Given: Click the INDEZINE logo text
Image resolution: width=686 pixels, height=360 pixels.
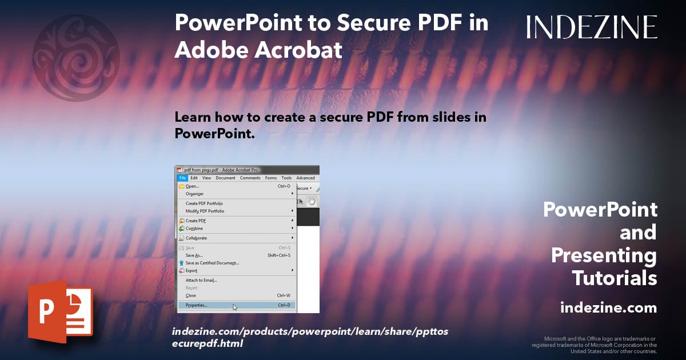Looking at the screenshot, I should (x=592, y=27).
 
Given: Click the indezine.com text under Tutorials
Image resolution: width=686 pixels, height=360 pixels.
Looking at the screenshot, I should (x=608, y=308).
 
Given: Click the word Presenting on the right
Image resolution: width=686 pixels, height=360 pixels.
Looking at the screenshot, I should (x=604, y=255).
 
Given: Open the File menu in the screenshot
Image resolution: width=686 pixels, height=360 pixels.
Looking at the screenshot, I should (x=182, y=178).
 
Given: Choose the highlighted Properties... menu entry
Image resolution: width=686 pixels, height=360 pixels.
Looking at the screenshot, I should (x=197, y=305).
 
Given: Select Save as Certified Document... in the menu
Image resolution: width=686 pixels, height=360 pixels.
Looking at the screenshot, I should (x=212, y=263).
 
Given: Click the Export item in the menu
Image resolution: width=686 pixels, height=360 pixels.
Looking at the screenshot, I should (x=192, y=270).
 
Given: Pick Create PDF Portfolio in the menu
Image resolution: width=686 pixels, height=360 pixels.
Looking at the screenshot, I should (x=204, y=203).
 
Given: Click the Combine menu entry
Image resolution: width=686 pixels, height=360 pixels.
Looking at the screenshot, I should (x=194, y=228).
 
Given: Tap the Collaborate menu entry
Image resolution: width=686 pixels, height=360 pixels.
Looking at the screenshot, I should (x=196, y=238).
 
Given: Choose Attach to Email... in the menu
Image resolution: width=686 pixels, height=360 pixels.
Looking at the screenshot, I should (x=201, y=280).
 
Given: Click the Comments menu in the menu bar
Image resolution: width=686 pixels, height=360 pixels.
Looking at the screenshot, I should (x=250, y=178).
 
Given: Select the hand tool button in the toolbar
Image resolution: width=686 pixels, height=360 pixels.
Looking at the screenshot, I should (x=312, y=201).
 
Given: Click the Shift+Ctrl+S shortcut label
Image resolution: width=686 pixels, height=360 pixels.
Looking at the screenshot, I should (x=279, y=255).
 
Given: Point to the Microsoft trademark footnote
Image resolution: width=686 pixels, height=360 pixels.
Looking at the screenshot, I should (x=595, y=345).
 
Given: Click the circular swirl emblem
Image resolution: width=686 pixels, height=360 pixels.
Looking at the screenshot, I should (x=76, y=58).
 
